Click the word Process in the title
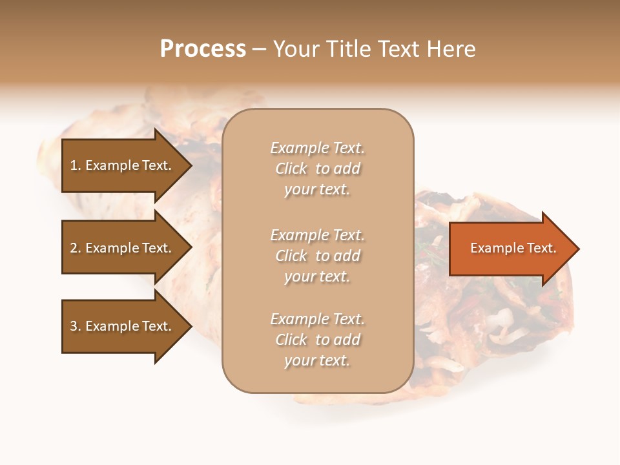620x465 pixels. [x=203, y=49]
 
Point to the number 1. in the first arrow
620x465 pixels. [x=76, y=165]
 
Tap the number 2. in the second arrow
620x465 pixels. [x=76, y=248]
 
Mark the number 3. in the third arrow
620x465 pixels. [x=76, y=326]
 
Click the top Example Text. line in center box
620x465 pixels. [x=318, y=148]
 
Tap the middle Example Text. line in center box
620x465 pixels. [x=318, y=235]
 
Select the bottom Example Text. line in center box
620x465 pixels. [x=318, y=319]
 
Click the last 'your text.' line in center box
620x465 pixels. [x=318, y=360]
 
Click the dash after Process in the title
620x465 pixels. [x=259, y=49]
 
